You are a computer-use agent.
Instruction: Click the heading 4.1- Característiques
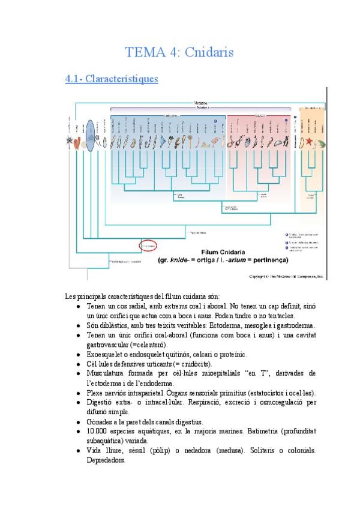tap(111, 79)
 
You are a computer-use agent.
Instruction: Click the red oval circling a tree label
tap(148, 245)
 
